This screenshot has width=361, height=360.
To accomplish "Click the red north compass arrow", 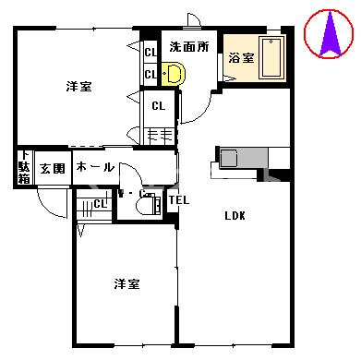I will click(x=330, y=37).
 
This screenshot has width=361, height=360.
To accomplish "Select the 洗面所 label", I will click(x=187, y=45).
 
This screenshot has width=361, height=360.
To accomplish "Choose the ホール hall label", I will click(x=94, y=167).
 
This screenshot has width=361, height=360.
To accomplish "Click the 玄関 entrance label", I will click(x=53, y=168).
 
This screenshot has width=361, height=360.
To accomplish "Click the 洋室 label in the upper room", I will click(x=78, y=87).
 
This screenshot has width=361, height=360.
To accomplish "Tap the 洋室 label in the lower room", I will click(x=126, y=282).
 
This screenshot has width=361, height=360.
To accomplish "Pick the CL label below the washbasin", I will click(x=158, y=104).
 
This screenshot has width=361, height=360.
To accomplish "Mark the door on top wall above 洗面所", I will click(x=191, y=21).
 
